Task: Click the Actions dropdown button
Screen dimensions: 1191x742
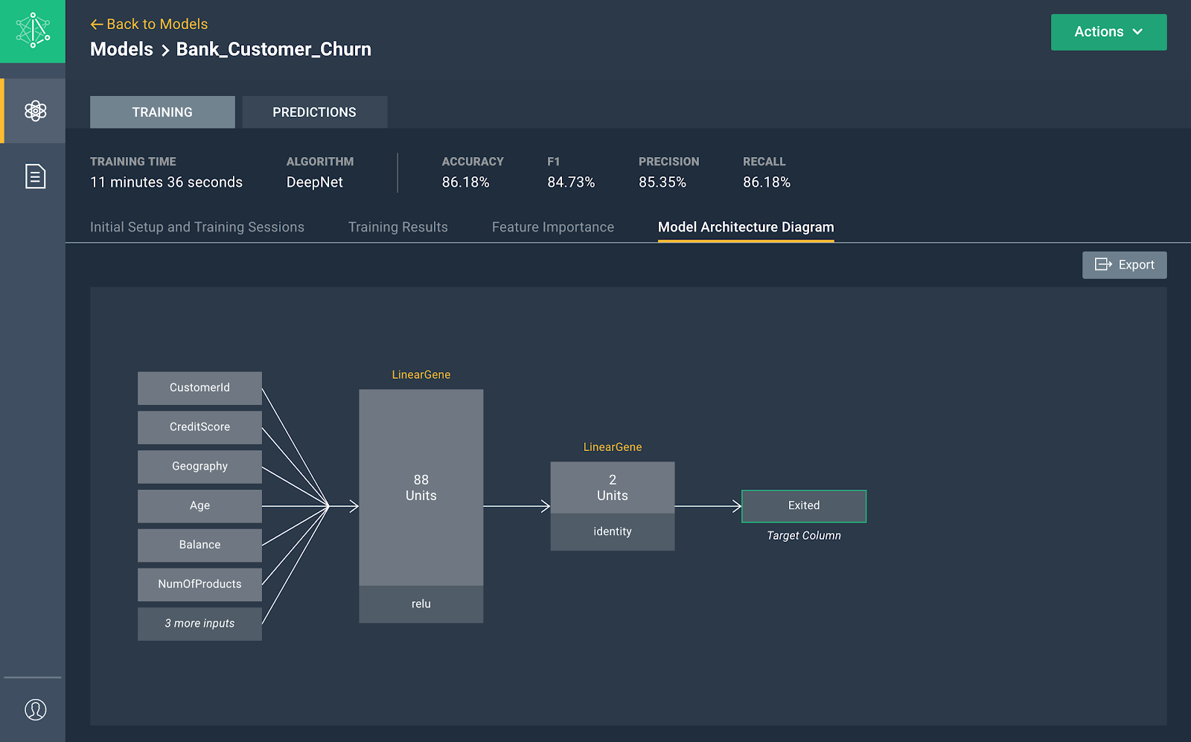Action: pos(1108,32)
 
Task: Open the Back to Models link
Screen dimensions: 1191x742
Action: pos(149,24)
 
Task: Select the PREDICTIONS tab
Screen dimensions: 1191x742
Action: pos(314,112)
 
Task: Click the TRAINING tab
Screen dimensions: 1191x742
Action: pos(162,112)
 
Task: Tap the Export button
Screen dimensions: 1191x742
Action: pos(1125,265)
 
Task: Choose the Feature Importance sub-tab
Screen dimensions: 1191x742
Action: pos(553,227)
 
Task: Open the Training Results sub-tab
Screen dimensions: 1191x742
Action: pos(397,227)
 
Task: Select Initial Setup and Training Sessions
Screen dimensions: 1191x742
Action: pos(197,227)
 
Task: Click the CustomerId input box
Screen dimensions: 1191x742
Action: pos(200,388)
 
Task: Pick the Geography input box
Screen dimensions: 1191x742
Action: pos(200,467)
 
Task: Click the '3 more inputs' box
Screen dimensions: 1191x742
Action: pos(200,624)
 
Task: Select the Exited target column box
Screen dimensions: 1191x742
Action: pos(804,506)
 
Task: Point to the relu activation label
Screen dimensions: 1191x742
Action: pos(421,604)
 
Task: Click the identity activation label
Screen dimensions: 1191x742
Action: pos(613,531)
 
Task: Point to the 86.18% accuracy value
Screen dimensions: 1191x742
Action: pos(465,182)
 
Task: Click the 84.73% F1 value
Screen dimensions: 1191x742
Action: pos(571,182)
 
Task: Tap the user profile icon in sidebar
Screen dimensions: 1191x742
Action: pos(35,709)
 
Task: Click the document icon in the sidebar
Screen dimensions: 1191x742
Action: pos(35,176)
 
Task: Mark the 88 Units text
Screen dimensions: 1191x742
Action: pos(421,487)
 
